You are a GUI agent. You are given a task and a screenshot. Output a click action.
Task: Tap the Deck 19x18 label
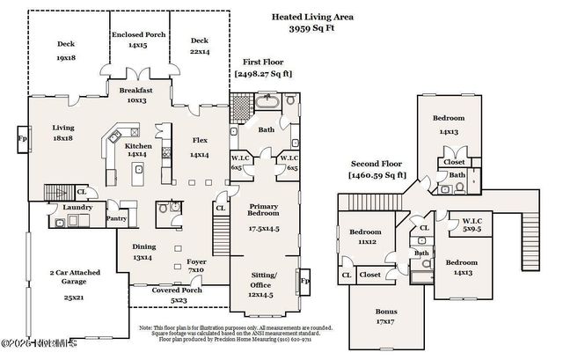coord(67,49)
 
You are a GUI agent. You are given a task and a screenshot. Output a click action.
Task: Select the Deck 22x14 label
coord(200,45)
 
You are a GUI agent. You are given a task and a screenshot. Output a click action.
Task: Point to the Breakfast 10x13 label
coord(136,94)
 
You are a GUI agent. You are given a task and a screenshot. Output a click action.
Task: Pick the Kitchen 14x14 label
coord(136,151)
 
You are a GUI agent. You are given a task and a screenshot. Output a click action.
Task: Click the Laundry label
coord(77,208)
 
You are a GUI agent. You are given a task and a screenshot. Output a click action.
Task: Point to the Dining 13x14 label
coord(143,253)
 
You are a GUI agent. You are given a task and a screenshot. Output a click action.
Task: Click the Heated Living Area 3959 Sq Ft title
coord(300,22)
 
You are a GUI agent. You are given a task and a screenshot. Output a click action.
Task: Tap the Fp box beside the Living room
coord(21,138)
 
